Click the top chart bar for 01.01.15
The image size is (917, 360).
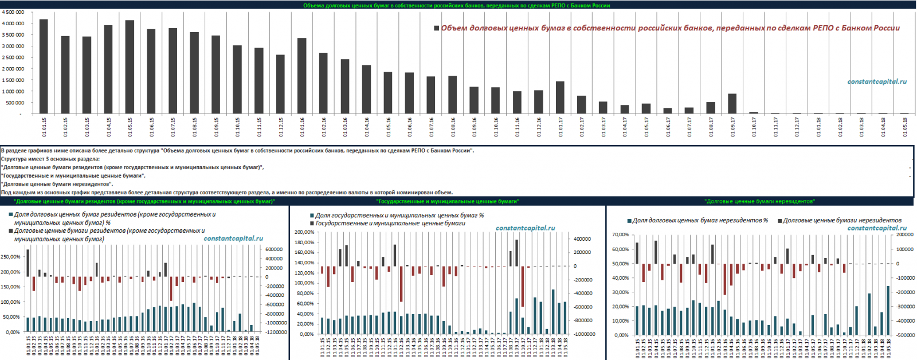click(x=44, y=66)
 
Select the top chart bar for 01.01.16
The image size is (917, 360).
click(x=301, y=76)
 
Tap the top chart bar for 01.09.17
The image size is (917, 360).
click(x=732, y=104)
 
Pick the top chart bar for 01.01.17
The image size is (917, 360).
click(x=560, y=97)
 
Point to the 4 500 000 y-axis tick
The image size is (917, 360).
click(x=13, y=12)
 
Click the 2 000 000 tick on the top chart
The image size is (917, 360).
click(x=13, y=69)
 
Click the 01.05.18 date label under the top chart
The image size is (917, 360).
click(x=905, y=127)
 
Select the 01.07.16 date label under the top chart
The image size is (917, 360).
click(x=432, y=127)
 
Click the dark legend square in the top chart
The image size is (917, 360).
click(x=437, y=28)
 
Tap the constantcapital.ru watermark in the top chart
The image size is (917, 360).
click(x=877, y=81)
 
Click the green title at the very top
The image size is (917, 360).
click(x=456, y=5)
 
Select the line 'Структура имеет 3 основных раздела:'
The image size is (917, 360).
click(x=50, y=159)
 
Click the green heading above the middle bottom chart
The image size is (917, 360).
click(x=448, y=201)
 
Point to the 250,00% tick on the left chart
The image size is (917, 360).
click(x=11, y=257)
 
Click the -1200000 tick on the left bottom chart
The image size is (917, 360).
click(x=276, y=332)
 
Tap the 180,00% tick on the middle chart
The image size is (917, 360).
click(x=304, y=242)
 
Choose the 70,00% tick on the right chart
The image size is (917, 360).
click(x=621, y=235)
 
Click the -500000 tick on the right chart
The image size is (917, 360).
click(x=905, y=335)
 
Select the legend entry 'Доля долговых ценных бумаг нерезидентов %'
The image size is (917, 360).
click(x=700, y=220)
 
